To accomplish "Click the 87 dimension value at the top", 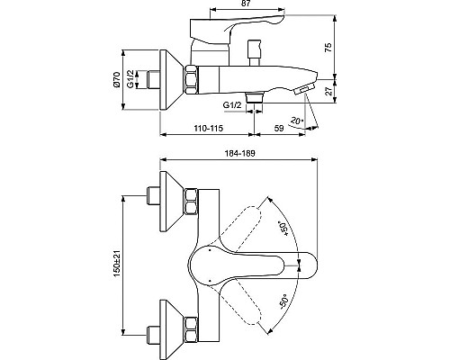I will [245, 7].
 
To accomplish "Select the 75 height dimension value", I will [328, 46].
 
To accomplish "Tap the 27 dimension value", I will [328, 90].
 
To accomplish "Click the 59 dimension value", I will [280, 129].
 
